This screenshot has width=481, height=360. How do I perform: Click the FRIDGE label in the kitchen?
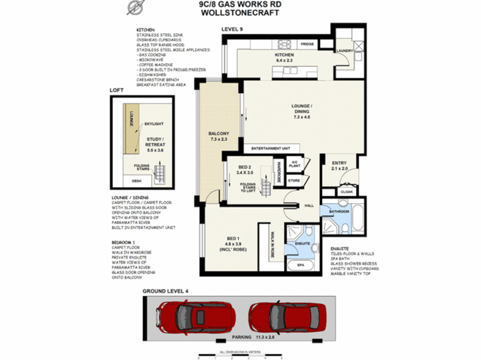coord(307,44)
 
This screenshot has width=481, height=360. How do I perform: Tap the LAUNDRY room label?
coord(345,51)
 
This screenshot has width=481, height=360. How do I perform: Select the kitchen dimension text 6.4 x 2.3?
coord(284,60)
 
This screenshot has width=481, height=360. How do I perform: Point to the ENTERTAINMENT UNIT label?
coord(271,148)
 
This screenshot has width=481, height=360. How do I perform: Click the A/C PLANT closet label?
coord(294,164)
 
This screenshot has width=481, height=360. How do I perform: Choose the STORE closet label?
coord(294,181)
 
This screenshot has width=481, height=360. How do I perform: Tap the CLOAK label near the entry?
coord(347,192)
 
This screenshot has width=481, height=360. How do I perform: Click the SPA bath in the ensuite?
coord(301,265)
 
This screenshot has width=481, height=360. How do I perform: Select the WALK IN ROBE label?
coord(272,245)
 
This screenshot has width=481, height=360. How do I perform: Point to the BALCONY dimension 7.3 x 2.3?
coord(219,139)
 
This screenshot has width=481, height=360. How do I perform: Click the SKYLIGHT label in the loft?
coord(154,124)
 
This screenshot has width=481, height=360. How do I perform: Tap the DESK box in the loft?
coord(137,181)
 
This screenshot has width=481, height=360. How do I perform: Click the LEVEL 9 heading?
coord(232,29)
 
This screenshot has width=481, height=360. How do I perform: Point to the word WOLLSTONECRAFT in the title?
coord(240,13)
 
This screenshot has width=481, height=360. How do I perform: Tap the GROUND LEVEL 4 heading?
coord(165,291)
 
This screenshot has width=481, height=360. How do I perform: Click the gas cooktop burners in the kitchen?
coord(285,44)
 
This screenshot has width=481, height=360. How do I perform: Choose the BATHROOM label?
coord(339,211)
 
